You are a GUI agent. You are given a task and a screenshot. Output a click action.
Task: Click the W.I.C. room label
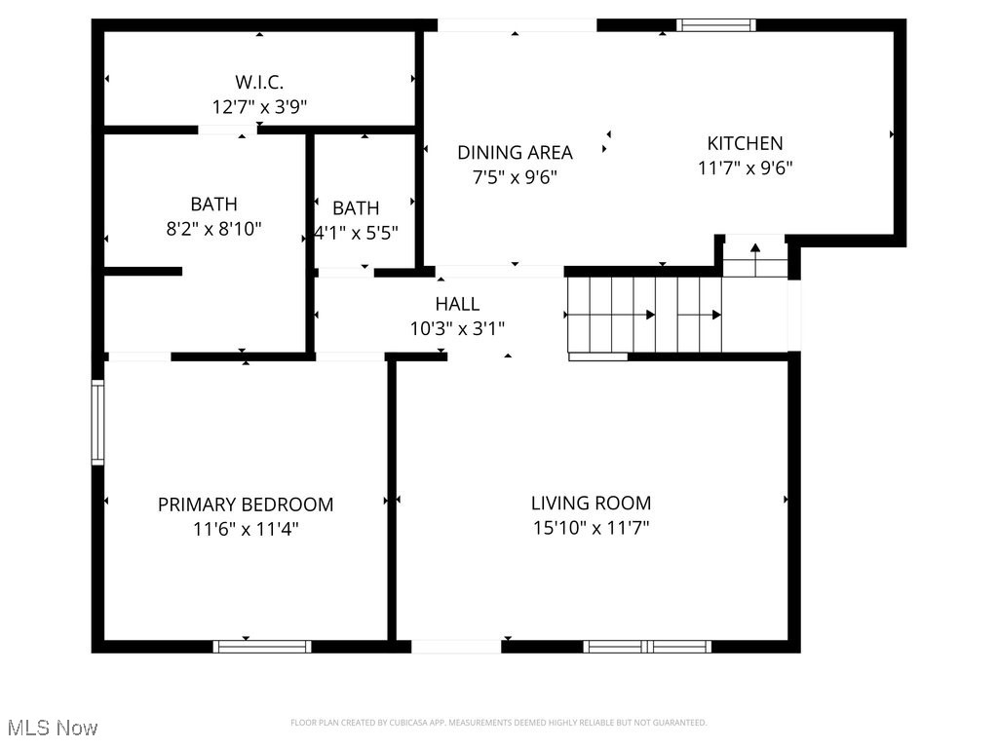(x=259, y=83)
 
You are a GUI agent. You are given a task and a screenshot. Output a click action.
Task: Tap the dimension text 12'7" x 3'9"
(x=259, y=107)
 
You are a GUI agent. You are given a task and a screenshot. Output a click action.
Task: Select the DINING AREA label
(x=515, y=152)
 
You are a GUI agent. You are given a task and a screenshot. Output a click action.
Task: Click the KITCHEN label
(x=745, y=143)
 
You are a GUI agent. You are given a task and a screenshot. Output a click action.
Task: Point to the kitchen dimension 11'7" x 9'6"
(x=745, y=168)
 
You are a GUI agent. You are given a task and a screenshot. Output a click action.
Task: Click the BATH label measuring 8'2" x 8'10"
(x=213, y=205)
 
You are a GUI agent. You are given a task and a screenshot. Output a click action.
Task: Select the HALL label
(x=457, y=304)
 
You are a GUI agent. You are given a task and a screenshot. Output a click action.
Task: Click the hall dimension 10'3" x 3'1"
(x=457, y=329)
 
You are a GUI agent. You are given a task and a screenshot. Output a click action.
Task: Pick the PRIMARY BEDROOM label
(x=246, y=505)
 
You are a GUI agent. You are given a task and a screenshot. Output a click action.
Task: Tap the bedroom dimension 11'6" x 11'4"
(x=246, y=529)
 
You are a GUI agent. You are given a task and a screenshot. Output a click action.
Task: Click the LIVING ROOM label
(x=591, y=504)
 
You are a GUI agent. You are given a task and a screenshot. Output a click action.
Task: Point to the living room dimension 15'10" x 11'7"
(x=591, y=529)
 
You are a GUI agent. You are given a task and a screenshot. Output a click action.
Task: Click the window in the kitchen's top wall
(x=716, y=25)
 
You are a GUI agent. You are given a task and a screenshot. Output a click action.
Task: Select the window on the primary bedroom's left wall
(x=97, y=422)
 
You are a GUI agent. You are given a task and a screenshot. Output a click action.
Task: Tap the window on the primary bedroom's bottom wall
(x=262, y=646)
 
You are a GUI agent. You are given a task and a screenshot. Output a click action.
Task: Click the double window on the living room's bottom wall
(x=647, y=646)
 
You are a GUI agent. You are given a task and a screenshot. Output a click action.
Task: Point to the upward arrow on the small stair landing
(x=755, y=249)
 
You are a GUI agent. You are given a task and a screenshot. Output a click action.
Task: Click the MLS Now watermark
(x=53, y=728)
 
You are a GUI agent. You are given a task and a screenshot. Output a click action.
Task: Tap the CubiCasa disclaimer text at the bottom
(x=498, y=723)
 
